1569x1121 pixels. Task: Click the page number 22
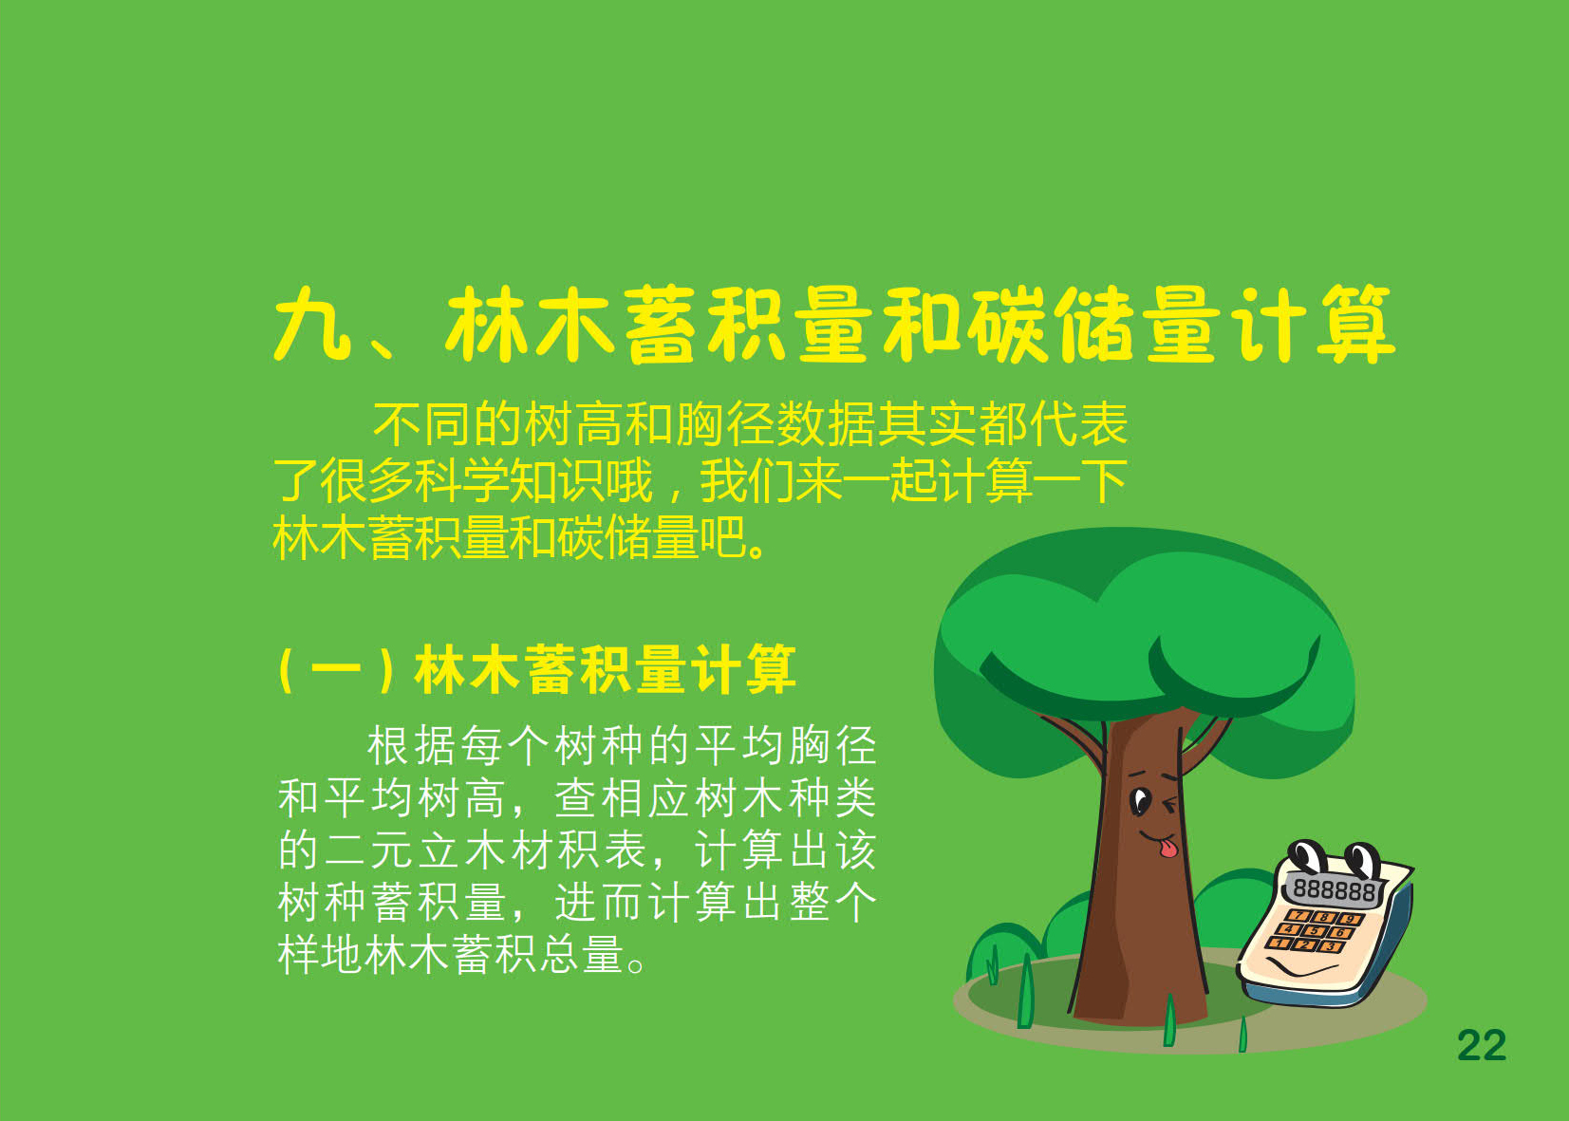coord(1482,1046)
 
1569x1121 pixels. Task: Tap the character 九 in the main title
coord(312,324)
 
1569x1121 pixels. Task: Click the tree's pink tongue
coord(1167,849)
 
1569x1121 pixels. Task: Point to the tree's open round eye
coord(1140,801)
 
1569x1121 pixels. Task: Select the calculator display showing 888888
coord(1333,889)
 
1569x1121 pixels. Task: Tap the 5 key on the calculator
coord(1314,931)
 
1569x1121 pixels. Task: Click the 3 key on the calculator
coord(1330,947)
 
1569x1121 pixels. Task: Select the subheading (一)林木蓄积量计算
coord(537,670)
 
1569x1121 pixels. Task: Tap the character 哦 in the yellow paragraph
coord(629,480)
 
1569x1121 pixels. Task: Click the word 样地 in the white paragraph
coord(320,954)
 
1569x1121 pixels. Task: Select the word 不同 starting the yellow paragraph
coord(421,424)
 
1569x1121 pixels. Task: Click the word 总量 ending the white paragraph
coord(580,954)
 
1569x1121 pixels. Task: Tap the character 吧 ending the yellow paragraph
coord(722,538)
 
